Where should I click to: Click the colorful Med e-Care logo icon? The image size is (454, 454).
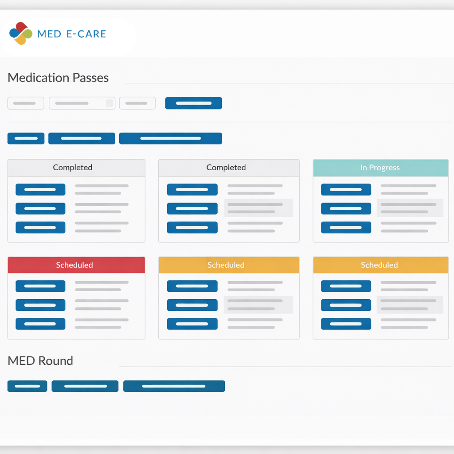(21, 33)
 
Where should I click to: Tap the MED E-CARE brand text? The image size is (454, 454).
(72, 34)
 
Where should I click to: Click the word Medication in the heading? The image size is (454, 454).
(39, 78)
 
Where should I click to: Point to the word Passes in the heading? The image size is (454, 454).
(90, 78)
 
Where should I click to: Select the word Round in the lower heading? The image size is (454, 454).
(55, 361)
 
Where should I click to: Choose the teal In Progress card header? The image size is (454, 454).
(381, 168)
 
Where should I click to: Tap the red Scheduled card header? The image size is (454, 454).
(76, 265)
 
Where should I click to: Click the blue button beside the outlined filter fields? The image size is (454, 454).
(193, 103)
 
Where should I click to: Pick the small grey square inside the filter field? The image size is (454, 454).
(110, 103)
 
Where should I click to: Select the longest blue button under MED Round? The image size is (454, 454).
(174, 386)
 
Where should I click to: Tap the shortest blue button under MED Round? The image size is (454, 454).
(27, 386)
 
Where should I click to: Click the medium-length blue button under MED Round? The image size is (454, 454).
(85, 386)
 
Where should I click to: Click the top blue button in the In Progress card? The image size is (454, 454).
(346, 189)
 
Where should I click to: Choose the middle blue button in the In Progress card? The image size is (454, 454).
(346, 208)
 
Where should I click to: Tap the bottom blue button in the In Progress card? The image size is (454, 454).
(346, 227)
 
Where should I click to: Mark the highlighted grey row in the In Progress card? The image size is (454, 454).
(410, 208)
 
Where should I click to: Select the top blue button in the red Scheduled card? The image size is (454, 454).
(40, 286)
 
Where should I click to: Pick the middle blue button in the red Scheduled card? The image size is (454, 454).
(40, 305)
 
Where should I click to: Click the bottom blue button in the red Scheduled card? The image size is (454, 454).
(40, 324)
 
